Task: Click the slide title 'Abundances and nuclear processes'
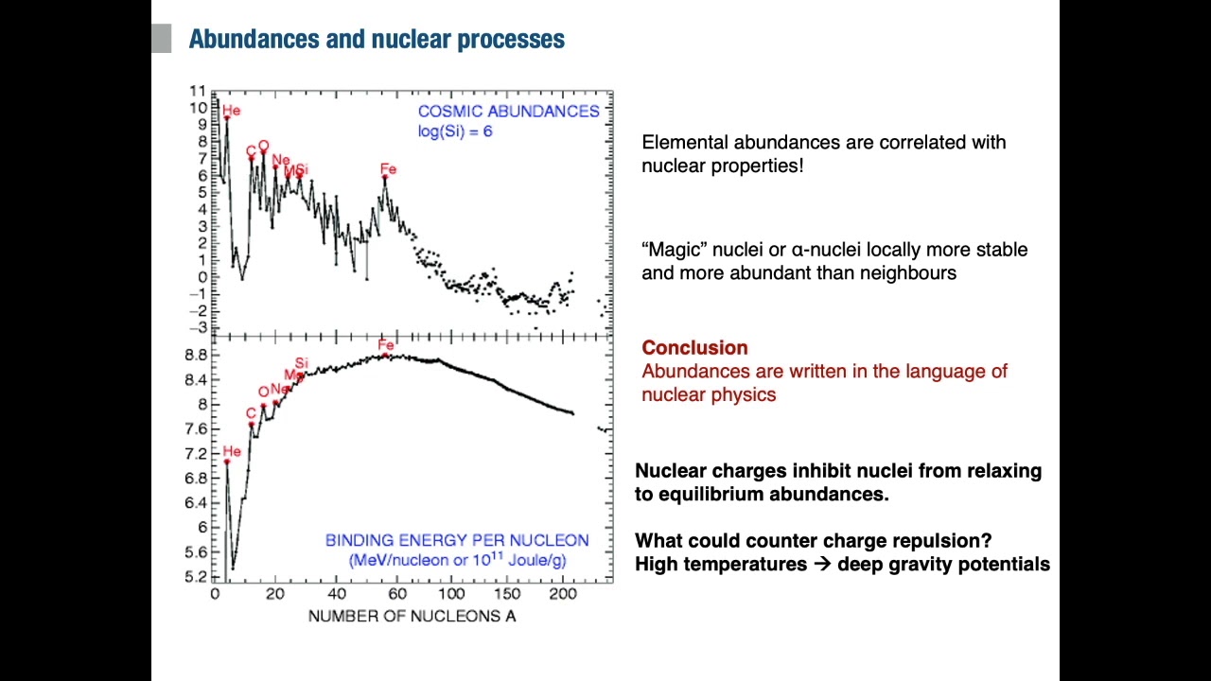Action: tap(377, 40)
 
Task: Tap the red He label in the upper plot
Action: tap(232, 111)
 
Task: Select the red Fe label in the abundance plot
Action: tap(388, 169)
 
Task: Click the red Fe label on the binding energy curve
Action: tap(385, 345)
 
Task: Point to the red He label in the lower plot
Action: tap(232, 451)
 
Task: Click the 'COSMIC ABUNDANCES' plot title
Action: tap(509, 112)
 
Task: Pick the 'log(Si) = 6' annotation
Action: tap(455, 131)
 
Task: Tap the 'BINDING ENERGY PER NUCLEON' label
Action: tap(457, 540)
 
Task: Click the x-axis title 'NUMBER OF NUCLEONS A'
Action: tap(412, 617)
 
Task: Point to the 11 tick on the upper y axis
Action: tap(197, 91)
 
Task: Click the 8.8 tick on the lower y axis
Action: tap(196, 356)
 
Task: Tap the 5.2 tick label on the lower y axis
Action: tap(196, 577)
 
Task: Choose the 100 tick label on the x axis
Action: tap(451, 594)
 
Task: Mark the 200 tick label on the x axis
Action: tap(562, 594)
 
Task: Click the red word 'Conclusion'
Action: tap(694, 348)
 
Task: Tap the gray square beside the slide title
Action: tap(161, 39)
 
